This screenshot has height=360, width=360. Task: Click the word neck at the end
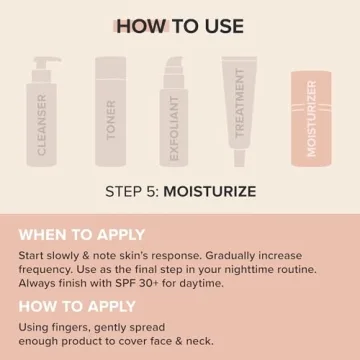[197, 341]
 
